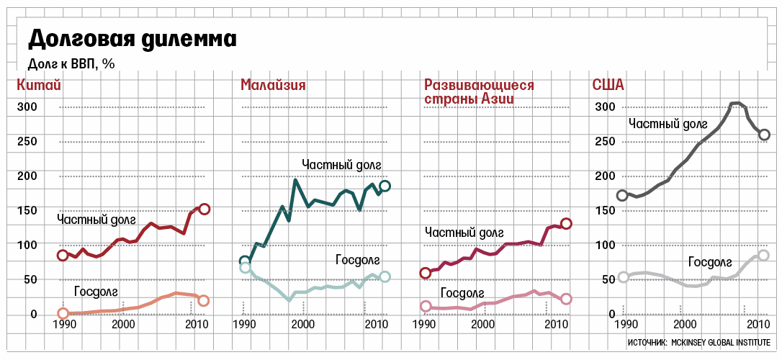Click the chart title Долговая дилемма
pos(132,38)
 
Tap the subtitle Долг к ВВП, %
pos(71,63)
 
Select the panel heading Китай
pos(38,86)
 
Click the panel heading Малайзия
pos(273,86)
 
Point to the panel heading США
pos(608,86)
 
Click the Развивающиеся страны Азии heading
pos(479,92)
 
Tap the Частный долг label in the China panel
pos(96,219)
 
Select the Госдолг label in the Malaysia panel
pos(357,260)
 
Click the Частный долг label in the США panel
pos(669,123)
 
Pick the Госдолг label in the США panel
pos(710,261)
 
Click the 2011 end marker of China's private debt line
pos(204,209)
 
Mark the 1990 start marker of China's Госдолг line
pos(63,313)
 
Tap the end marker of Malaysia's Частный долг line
pos(385,186)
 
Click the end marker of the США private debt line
pos(764,135)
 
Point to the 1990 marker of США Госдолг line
pos(624,277)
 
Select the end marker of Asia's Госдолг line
pos(566,299)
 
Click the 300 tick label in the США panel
pos(605,107)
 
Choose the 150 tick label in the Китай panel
pos(27,210)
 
